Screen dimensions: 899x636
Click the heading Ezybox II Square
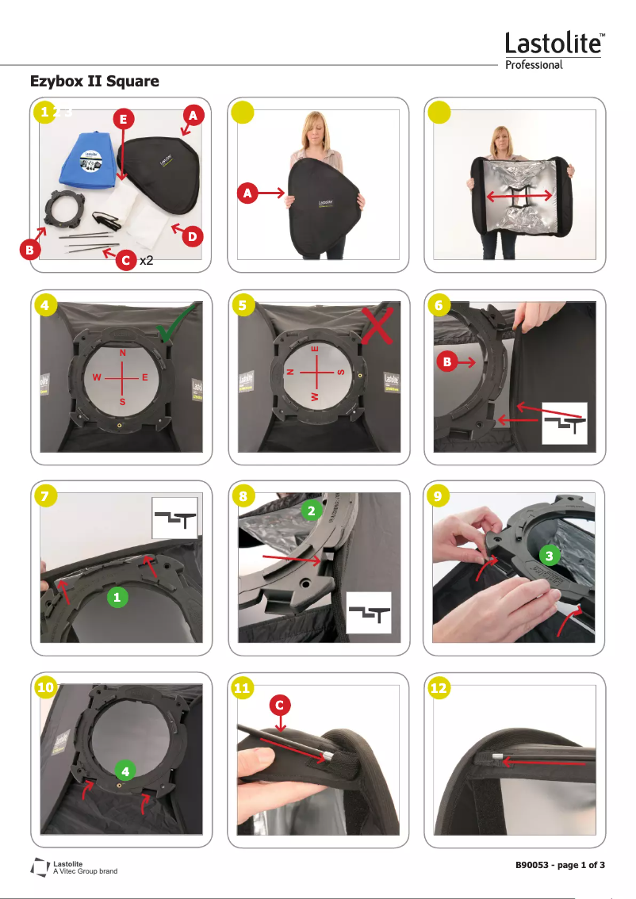click(x=94, y=81)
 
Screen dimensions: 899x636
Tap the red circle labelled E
click(x=121, y=119)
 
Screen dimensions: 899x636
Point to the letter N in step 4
click(x=122, y=352)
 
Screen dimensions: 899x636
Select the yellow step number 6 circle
click(x=437, y=305)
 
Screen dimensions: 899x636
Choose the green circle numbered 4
click(x=125, y=768)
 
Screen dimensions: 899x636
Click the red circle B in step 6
click(x=447, y=362)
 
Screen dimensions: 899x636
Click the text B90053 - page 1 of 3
click(x=560, y=864)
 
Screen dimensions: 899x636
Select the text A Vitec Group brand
click(x=84, y=871)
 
